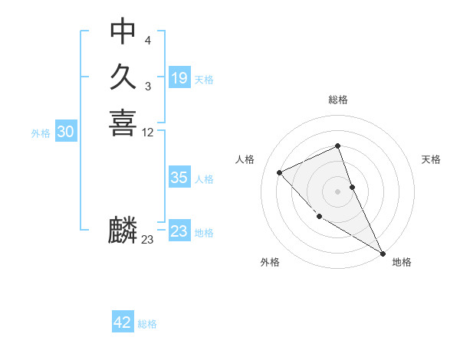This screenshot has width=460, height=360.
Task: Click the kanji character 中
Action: click(123, 31)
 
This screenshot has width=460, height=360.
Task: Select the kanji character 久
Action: click(123, 77)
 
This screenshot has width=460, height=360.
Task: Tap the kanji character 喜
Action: click(123, 123)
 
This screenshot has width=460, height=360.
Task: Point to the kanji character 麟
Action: click(123, 230)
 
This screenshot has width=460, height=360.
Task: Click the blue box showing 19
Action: click(179, 77)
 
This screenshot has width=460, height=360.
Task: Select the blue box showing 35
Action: click(179, 178)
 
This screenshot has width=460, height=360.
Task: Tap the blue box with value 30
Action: click(66, 132)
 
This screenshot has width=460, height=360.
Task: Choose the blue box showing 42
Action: click(123, 322)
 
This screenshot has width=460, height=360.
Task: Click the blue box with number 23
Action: click(179, 231)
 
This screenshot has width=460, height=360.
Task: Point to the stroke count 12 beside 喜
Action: click(148, 133)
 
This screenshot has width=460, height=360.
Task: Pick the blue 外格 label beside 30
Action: click(41, 133)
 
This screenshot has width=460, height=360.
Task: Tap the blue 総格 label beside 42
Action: click(147, 324)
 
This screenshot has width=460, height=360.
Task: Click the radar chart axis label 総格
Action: click(338, 100)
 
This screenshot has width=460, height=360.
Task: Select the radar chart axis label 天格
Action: click(431, 159)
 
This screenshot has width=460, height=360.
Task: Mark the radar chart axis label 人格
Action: click(245, 159)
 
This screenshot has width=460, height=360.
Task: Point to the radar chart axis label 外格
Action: click(269, 262)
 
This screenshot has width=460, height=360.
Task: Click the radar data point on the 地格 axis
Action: click(382, 253)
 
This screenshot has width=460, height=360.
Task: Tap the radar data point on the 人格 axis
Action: click(280, 172)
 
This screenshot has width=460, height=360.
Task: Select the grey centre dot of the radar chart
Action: click(338, 191)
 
